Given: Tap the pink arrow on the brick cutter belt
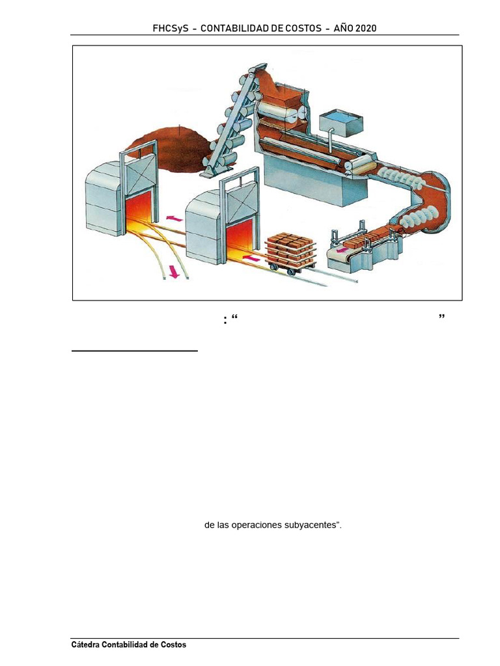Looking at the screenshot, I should point(342,249).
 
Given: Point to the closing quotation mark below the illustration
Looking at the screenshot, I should point(441,317).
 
